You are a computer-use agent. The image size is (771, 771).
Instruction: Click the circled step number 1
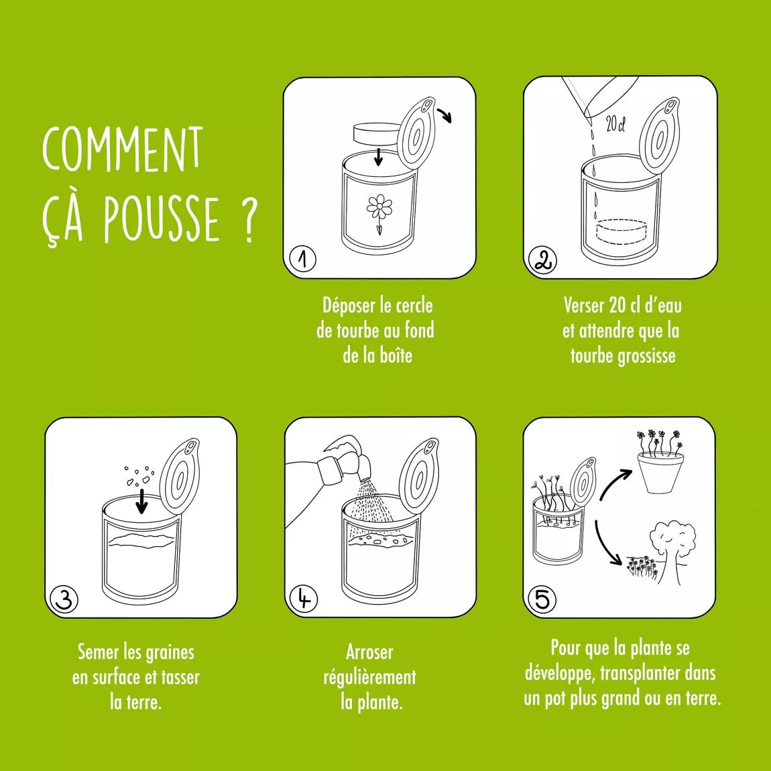(303, 259)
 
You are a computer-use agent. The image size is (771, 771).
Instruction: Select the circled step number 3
(64, 600)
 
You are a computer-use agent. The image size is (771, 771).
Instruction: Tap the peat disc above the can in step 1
(377, 133)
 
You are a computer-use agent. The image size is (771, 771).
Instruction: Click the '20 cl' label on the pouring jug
(614, 124)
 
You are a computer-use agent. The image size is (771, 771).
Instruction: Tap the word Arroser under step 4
(369, 652)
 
